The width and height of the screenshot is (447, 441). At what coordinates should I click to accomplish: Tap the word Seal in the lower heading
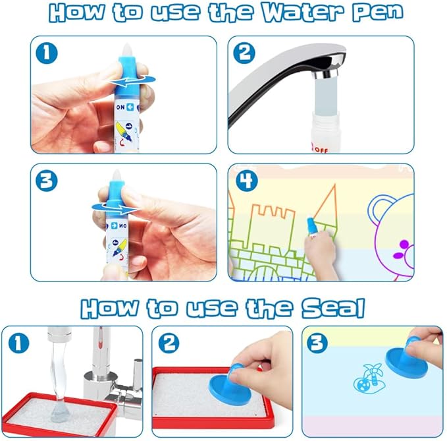(333, 308)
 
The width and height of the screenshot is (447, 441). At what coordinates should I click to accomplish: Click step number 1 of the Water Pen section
(47, 53)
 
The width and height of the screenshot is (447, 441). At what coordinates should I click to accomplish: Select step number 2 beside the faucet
(244, 53)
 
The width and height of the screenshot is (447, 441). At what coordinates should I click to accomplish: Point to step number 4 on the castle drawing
(247, 181)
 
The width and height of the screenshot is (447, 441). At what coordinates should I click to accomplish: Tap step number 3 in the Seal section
(317, 343)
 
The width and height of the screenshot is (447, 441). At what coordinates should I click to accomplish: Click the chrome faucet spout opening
(326, 75)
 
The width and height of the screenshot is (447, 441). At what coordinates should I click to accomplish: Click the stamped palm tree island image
(368, 378)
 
